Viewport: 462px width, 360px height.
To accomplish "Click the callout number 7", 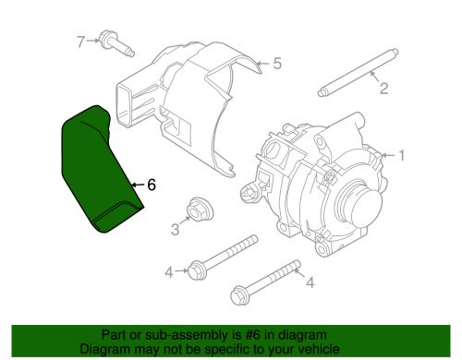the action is click(x=80, y=42).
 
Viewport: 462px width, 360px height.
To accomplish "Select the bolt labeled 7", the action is click(x=116, y=44).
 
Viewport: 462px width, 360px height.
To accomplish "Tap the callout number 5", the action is click(x=277, y=64).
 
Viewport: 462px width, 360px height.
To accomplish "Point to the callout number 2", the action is click(x=383, y=89).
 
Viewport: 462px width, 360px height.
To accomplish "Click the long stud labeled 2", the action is click(x=359, y=73).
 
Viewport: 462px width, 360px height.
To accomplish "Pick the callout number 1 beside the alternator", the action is click(x=401, y=155).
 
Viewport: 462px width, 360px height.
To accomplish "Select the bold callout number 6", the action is click(x=152, y=185).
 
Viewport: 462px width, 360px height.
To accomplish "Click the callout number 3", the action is click(x=175, y=229).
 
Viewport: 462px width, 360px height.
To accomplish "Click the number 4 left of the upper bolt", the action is click(x=169, y=272).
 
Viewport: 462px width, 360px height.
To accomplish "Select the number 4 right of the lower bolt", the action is click(x=310, y=282).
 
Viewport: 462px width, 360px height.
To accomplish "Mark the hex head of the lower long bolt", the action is click(x=238, y=294).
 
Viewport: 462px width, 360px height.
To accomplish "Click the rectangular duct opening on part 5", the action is click(x=125, y=105).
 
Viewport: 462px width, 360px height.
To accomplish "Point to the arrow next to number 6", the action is click(x=138, y=185).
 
